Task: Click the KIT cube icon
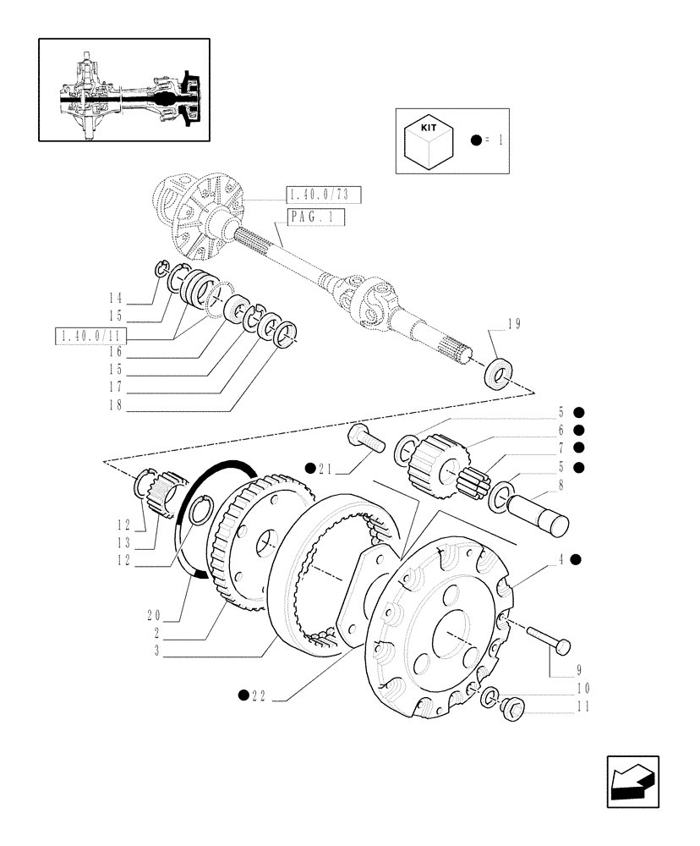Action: pyautogui.click(x=430, y=140)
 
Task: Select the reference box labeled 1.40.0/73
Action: pyautogui.click(x=324, y=195)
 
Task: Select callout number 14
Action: pyautogui.click(x=116, y=298)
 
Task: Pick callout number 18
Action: pyautogui.click(x=116, y=405)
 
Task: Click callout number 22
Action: pyautogui.click(x=259, y=695)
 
